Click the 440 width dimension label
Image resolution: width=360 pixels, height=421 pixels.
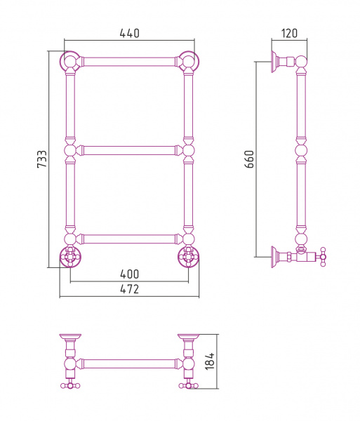(129, 33)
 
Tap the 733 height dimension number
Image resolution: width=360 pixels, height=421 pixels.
(42, 159)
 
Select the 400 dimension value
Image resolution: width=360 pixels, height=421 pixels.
(129, 274)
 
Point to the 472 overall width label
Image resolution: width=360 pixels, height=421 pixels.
(129, 289)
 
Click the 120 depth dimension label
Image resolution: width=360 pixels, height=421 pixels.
(289, 33)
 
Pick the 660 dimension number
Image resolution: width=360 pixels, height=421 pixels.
(249, 159)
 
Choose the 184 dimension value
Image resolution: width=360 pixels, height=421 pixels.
(210, 361)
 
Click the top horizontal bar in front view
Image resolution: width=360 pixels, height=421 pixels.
(129, 62)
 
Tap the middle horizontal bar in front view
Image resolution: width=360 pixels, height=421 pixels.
(129, 150)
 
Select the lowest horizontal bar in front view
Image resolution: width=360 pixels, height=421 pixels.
(129, 239)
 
